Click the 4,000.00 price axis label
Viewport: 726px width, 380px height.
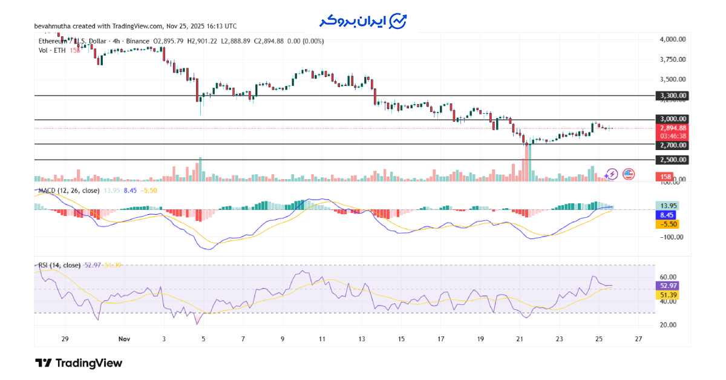[x=672, y=39]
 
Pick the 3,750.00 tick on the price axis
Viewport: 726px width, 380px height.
[x=672, y=59]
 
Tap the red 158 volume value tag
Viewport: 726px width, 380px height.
[x=664, y=177]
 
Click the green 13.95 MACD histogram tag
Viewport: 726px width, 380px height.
[x=667, y=206]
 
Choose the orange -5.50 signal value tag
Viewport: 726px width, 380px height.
[x=667, y=224]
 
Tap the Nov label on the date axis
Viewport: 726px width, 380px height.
[x=124, y=339]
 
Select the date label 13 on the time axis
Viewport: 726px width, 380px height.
[x=362, y=339]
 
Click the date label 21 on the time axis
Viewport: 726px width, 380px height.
[x=520, y=339]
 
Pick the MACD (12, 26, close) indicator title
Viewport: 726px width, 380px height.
[x=68, y=191]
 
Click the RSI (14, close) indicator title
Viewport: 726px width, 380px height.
[x=58, y=265]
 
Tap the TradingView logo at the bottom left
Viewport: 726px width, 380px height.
[x=79, y=363]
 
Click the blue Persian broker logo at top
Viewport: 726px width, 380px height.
[x=363, y=21]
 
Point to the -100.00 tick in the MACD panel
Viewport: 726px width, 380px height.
[x=672, y=237]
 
